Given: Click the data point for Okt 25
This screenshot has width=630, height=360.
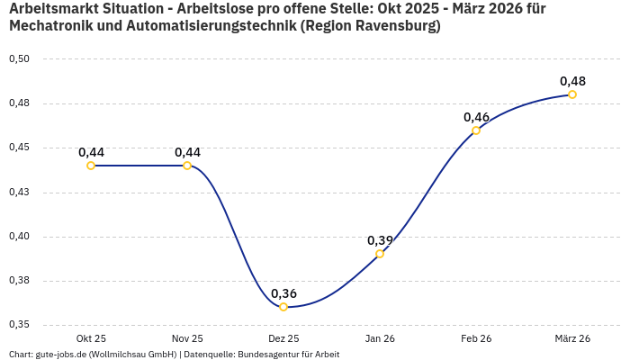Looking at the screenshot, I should (x=91, y=166).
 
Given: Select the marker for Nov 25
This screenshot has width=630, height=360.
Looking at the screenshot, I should (x=187, y=166).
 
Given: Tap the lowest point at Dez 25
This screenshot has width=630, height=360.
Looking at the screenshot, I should (x=283, y=307).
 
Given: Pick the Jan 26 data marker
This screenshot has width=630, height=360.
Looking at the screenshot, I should (x=380, y=254).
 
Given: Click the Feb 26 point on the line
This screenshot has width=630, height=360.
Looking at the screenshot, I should (x=476, y=130).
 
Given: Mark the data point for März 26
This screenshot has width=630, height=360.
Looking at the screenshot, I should (x=572, y=94).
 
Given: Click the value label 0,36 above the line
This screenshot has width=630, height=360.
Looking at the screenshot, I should (x=283, y=293).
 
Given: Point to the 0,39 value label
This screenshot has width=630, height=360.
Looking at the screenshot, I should (x=380, y=240).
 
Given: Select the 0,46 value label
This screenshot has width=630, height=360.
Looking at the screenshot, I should (x=476, y=117).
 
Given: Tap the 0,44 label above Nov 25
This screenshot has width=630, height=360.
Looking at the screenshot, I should (x=187, y=152).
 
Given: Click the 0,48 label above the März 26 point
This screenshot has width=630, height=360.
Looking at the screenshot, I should (x=572, y=81).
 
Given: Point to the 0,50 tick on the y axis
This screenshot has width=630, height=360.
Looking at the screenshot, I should (x=19, y=59).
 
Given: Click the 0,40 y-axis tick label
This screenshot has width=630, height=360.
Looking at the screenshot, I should (x=19, y=237).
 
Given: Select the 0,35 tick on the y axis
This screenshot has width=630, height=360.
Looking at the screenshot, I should (x=19, y=325).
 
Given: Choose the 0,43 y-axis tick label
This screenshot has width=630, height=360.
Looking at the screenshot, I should (x=19, y=193).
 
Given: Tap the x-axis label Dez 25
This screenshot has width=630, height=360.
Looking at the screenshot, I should (x=283, y=338).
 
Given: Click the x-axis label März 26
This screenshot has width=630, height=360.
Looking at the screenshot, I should (x=572, y=338).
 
